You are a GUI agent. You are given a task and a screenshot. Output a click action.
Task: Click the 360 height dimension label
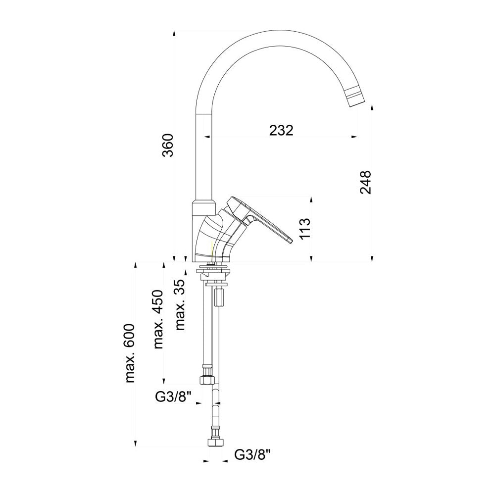point(169,146)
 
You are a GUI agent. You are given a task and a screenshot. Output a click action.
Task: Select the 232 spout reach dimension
point(281,130)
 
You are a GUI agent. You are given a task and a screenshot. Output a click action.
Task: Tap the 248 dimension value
point(365,182)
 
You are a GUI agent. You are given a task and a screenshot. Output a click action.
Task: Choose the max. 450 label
point(158,319)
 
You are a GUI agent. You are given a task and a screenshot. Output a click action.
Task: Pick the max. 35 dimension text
point(180,304)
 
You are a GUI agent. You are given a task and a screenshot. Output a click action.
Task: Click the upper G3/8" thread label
point(173,396)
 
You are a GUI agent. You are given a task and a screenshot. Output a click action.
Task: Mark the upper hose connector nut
point(207,380)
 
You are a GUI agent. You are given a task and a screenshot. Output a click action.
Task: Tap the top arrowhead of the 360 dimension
point(174,33)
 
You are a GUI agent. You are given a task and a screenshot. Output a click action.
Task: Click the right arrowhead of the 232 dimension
point(354,136)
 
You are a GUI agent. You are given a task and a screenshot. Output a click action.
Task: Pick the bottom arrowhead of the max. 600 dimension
point(135,445)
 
